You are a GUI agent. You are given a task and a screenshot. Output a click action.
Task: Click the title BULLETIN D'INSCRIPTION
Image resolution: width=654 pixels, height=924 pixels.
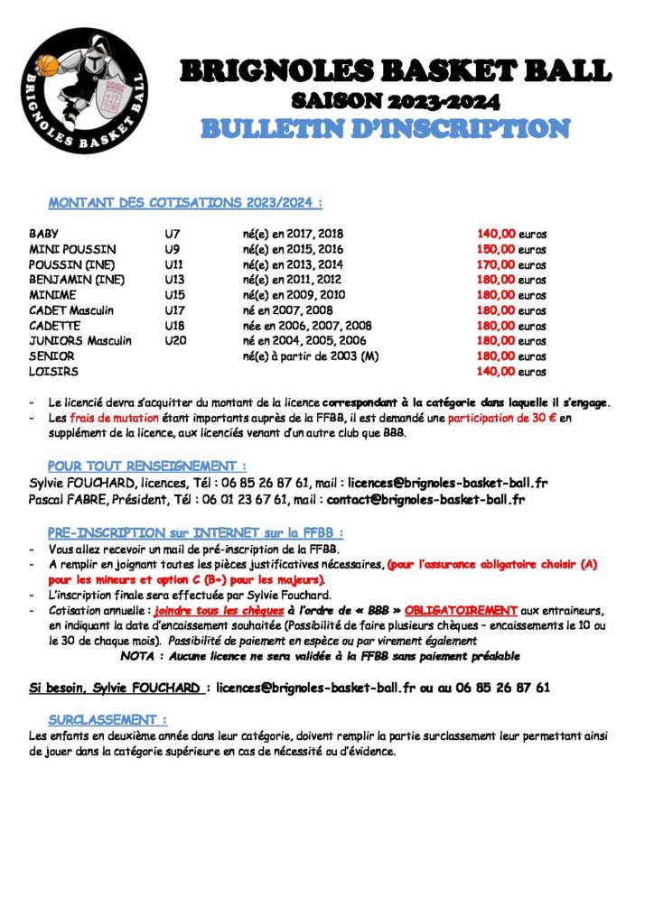384,128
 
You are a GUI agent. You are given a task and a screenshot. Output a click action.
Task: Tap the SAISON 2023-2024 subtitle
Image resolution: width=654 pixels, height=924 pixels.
396,100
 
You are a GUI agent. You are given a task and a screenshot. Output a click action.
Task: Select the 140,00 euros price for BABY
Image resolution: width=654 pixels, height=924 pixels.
511,234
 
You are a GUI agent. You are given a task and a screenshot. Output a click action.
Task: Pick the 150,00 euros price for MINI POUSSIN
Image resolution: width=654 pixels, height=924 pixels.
511,249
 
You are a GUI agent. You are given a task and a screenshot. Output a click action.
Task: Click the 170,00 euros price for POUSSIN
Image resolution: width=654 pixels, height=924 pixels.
511,264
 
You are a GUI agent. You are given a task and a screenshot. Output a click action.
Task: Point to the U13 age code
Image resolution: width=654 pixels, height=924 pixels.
174,280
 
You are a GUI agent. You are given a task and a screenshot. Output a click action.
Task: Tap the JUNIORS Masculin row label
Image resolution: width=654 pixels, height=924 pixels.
80,340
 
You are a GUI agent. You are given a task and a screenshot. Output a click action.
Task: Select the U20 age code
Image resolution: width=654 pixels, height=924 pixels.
175,340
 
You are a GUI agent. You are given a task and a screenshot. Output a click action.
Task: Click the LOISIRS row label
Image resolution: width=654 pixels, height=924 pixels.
53,371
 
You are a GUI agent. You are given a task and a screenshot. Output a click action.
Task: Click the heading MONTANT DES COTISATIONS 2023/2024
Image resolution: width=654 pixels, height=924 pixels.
185,202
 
